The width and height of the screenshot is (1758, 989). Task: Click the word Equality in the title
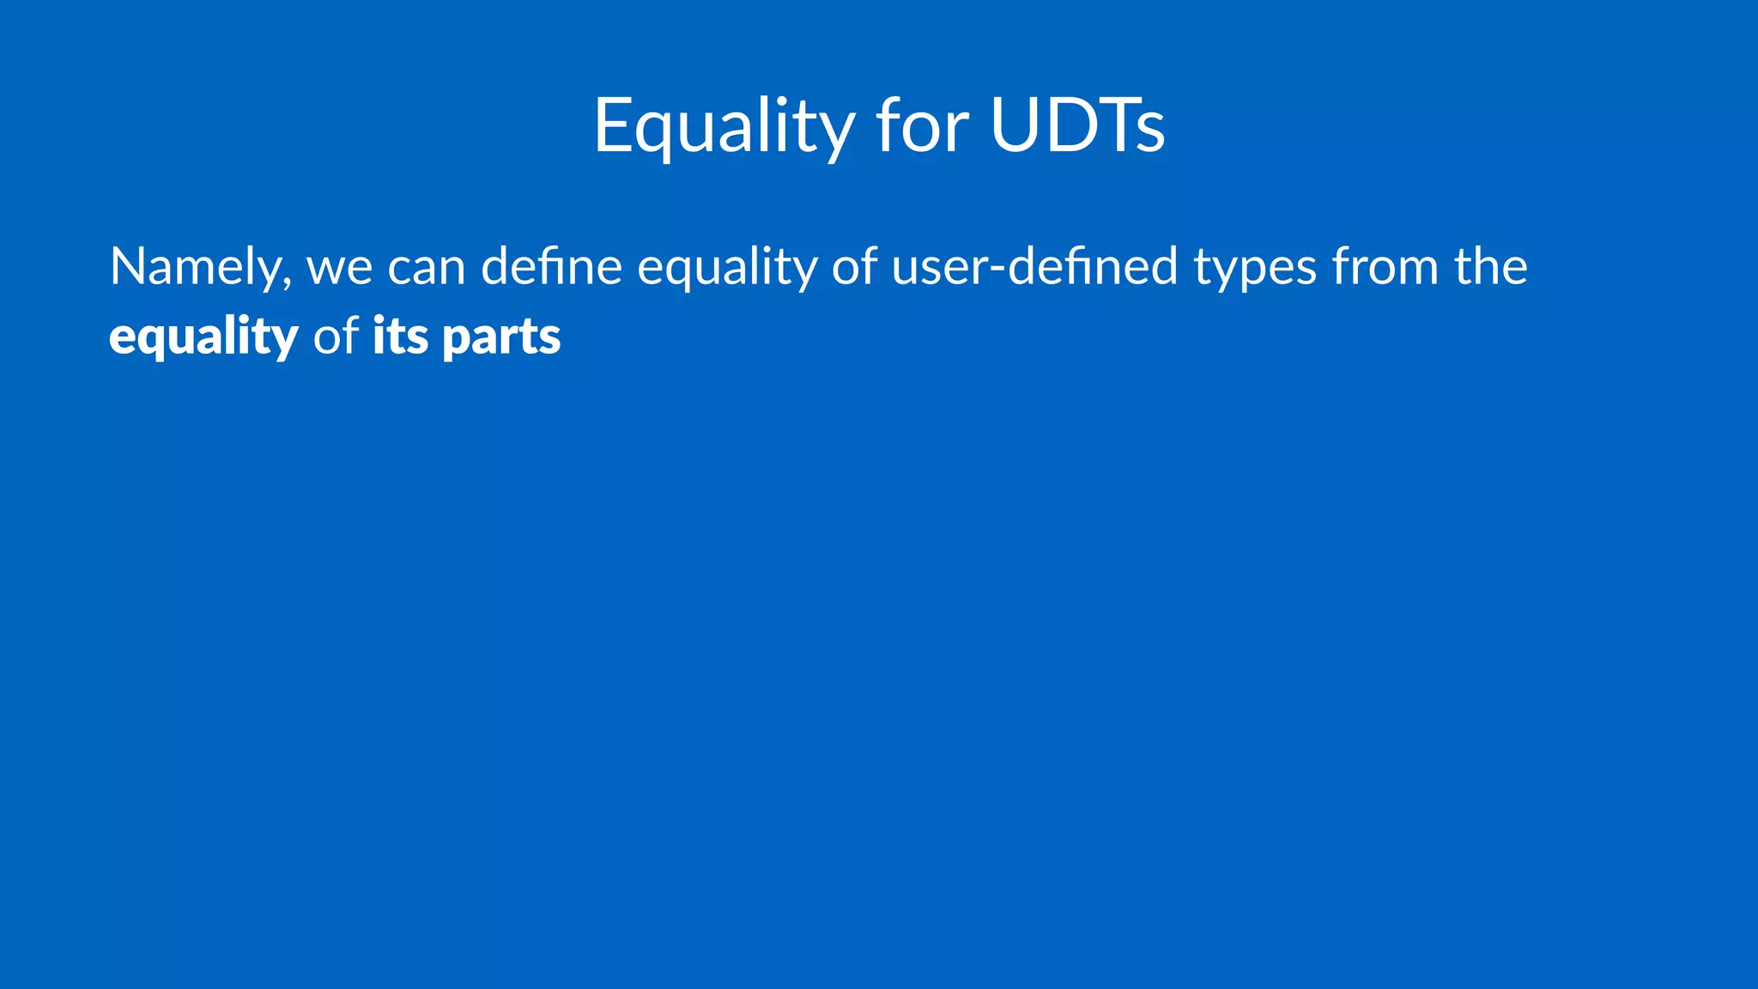coord(724,125)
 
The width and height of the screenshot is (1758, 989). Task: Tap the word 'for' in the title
coord(922,125)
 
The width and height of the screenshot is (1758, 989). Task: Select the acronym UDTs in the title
coord(1077,125)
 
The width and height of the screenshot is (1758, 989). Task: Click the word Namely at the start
coord(194,267)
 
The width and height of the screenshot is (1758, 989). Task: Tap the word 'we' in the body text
coord(339,267)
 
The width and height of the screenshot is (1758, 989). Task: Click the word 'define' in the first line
coord(551,267)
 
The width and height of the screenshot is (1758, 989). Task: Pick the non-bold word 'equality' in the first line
coord(726,267)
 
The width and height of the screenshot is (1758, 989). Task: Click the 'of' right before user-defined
coord(854,267)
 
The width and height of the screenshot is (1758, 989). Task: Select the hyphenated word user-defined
coord(1034,267)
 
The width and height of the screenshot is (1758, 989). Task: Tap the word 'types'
coord(1255,267)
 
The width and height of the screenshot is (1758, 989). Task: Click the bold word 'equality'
coord(203,336)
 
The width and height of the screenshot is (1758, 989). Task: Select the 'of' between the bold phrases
coord(335,336)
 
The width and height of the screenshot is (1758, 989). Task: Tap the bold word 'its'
coord(400,336)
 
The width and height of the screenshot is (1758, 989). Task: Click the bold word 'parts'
coord(501,336)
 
